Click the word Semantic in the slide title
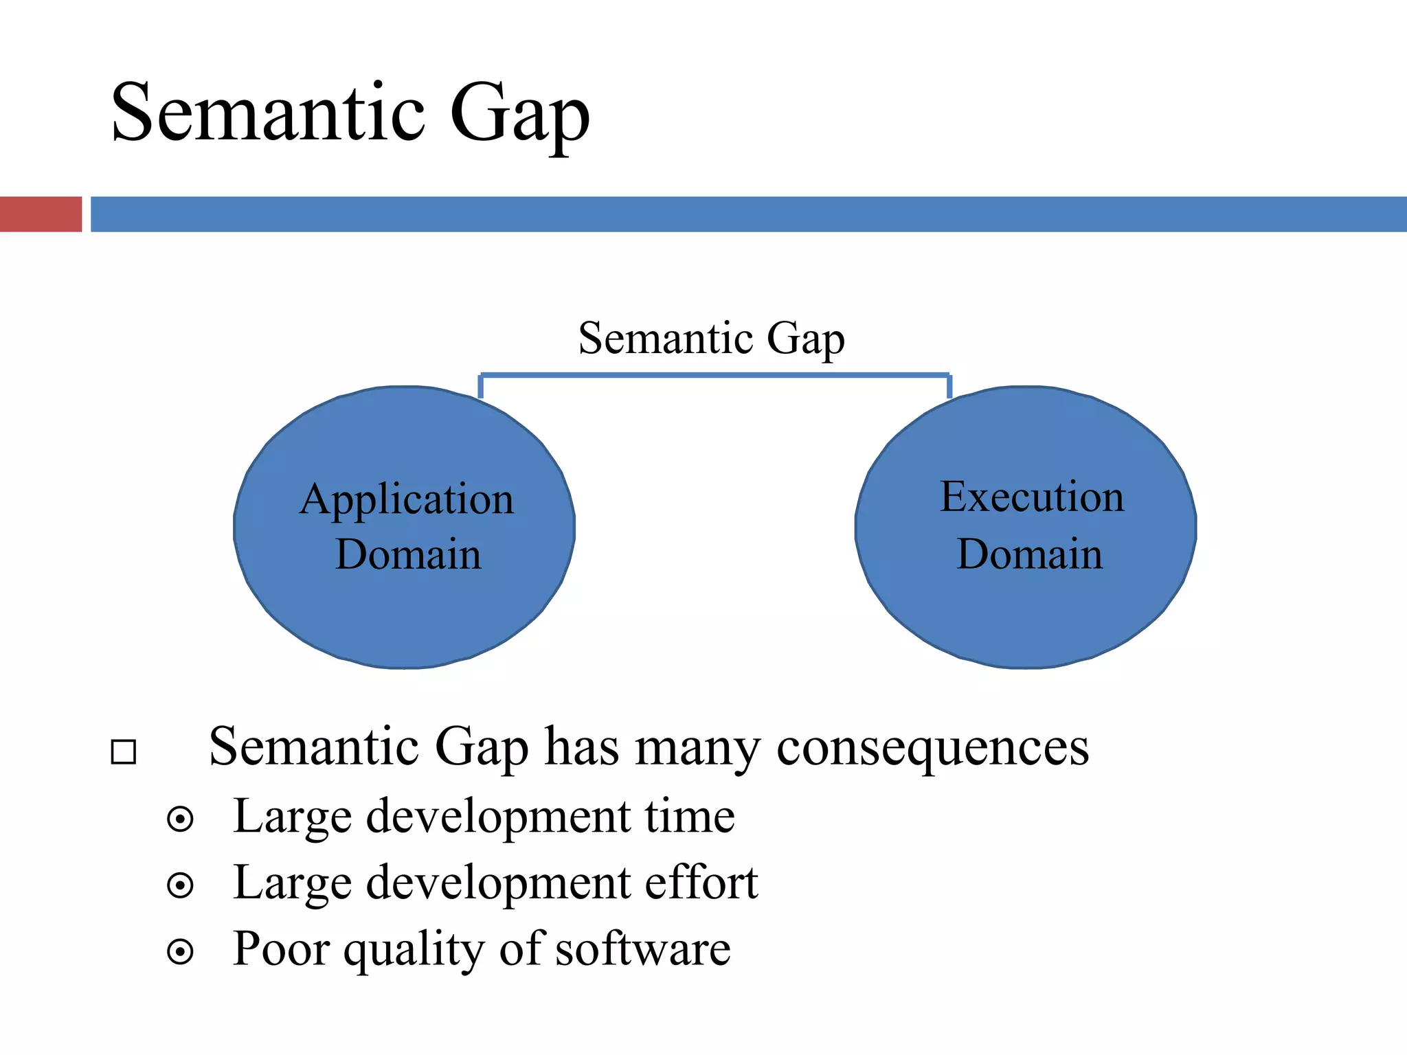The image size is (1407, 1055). pyautogui.click(x=268, y=113)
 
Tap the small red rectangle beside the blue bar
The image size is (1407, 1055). pyautogui.click(x=41, y=214)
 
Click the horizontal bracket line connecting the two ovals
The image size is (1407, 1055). pyautogui.click(x=714, y=375)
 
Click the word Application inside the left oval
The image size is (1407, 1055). pyautogui.click(x=407, y=499)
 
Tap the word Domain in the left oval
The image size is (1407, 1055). pyautogui.click(x=408, y=554)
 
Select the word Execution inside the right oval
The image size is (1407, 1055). pyautogui.click(x=1032, y=497)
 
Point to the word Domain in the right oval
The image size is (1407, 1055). pyautogui.click(x=1029, y=554)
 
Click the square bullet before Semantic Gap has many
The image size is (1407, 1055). pyautogui.click(x=124, y=752)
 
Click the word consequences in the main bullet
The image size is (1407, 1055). pyautogui.click(x=932, y=747)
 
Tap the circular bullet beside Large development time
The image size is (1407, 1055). pyautogui.click(x=180, y=819)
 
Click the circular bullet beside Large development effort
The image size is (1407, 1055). pyautogui.click(x=180, y=885)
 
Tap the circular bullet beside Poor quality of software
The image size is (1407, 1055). pyautogui.click(x=180, y=952)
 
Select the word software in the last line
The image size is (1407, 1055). pyautogui.click(x=642, y=949)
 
